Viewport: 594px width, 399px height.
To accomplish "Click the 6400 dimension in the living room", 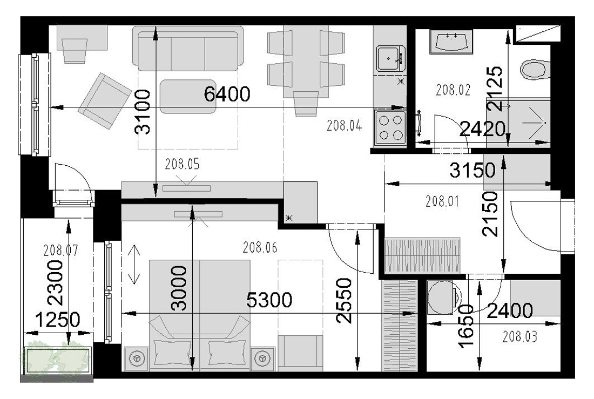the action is pyautogui.click(x=227, y=94).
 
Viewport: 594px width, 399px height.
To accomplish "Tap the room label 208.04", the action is pyautogui.click(x=344, y=126).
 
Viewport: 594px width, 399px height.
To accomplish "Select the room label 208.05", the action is pyautogui.click(x=182, y=164).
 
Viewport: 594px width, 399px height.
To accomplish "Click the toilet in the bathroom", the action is pyautogui.click(x=535, y=69).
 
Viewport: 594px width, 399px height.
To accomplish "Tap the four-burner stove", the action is pyautogui.click(x=390, y=128).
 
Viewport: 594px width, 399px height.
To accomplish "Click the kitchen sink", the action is pyautogui.click(x=390, y=58).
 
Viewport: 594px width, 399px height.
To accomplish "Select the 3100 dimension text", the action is pyautogui.click(x=143, y=112).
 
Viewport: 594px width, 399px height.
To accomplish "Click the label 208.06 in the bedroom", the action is pyautogui.click(x=260, y=247).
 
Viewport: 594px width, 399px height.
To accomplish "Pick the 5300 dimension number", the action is pyautogui.click(x=269, y=300).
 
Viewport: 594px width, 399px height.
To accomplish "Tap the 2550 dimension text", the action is pyautogui.click(x=344, y=301).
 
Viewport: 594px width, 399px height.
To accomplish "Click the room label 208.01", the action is pyautogui.click(x=442, y=201).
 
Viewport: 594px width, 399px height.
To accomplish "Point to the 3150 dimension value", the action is pyautogui.click(x=473, y=170).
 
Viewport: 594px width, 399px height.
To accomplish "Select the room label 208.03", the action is pyautogui.click(x=519, y=336).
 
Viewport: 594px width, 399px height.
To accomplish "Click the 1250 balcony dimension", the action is pyautogui.click(x=58, y=320).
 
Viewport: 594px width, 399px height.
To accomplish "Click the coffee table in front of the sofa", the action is pyautogui.click(x=188, y=96).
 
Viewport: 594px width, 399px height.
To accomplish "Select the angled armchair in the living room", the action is pyautogui.click(x=105, y=101).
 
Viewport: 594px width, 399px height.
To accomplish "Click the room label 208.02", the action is pyautogui.click(x=453, y=90).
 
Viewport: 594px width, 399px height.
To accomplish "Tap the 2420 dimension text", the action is pyautogui.click(x=483, y=129).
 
